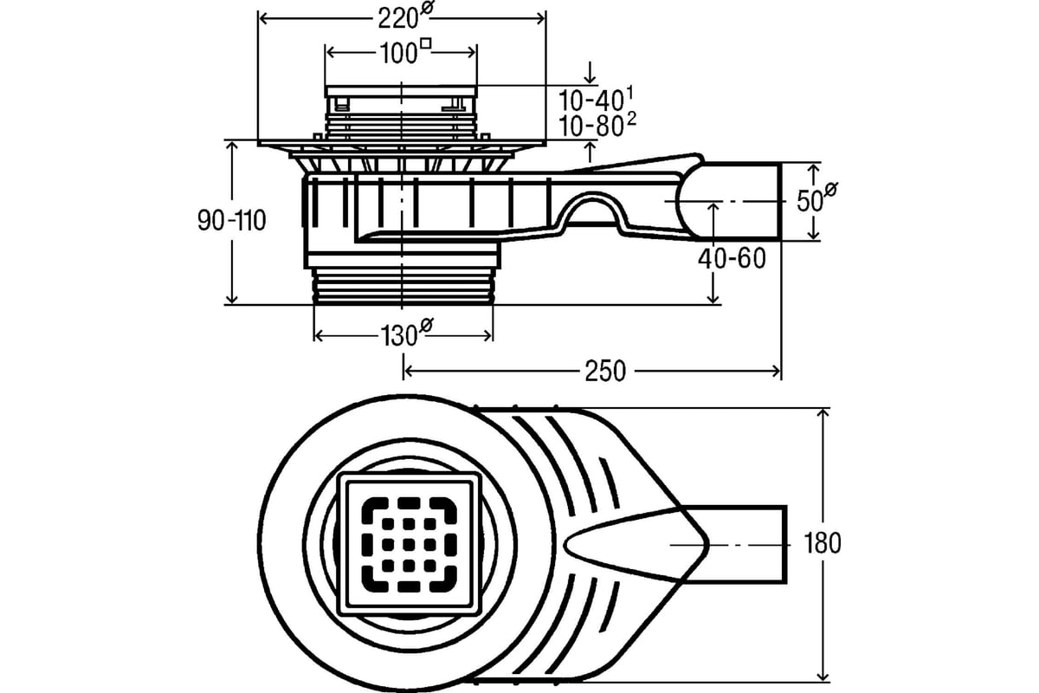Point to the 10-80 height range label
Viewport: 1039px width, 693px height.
coord(597,125)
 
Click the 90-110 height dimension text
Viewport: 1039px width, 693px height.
coord(231,221)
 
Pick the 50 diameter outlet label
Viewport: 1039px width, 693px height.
coord(816,198)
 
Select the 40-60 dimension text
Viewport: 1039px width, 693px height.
coord(732,258)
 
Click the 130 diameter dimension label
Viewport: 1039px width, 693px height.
coord(407,333)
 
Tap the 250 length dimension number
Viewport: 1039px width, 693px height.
coord(605,372)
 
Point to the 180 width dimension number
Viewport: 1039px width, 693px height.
coord(822,543)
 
